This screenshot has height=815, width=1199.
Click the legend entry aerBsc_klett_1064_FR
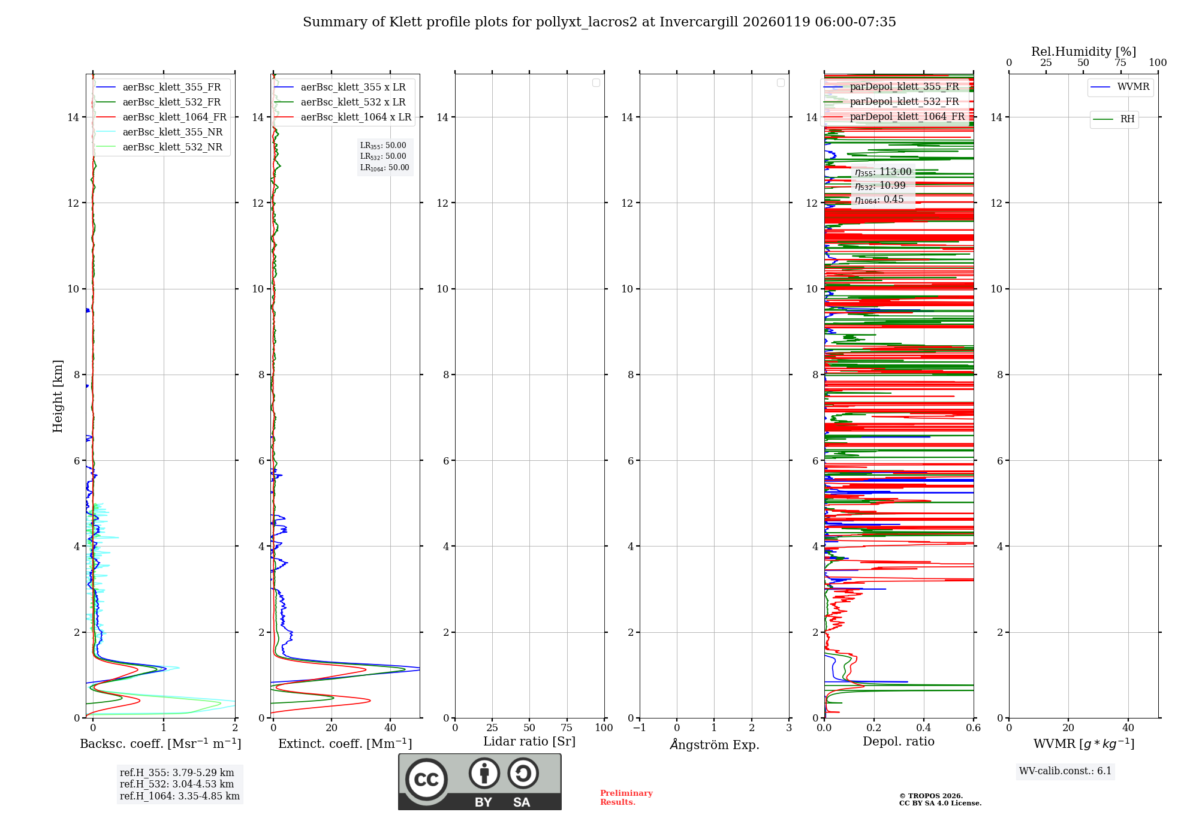(x=174, y=117)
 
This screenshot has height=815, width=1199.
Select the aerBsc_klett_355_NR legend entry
(x=172, y=132)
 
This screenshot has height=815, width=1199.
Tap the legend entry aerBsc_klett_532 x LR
(x=353, y=102)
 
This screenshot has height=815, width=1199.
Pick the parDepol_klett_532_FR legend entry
(x=904, y=102)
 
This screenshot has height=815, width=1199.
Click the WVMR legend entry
(x=1133, y=87)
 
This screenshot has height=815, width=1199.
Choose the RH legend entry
(x=1127, y=119)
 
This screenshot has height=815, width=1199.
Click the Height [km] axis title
(x=58, y=396)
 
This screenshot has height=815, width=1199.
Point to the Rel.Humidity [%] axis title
(x=1083, y=52)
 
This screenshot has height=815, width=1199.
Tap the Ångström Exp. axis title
(x=714, y=744)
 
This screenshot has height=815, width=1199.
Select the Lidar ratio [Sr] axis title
(x=529, y=741)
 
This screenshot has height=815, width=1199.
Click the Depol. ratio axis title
(x=898, y=741)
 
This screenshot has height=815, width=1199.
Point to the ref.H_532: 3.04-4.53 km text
(x=177, y=784)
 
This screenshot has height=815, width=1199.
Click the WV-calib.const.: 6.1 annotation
(x=1065, y=771)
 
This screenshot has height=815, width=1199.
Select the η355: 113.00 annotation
(x=883, y=172)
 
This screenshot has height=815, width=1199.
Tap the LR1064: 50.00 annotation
(x=384, y=168)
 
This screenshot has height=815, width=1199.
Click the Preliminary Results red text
(x=626, y=798)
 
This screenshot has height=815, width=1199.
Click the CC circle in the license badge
(x=426, y=780)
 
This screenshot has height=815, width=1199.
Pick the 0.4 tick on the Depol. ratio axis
(x=924, y=728)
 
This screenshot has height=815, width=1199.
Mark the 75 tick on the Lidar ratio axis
(x=567, y=728)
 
